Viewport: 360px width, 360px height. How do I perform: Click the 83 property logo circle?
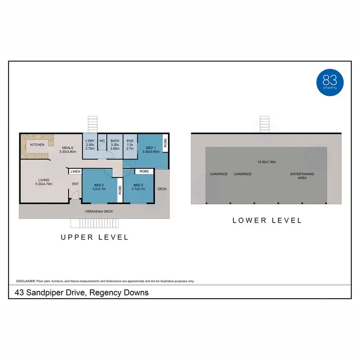(330, 81)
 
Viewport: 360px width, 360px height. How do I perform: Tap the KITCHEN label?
(37, 144)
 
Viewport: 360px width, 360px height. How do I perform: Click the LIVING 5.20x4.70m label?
(44, 182)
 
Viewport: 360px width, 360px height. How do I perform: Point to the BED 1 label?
(150, 150)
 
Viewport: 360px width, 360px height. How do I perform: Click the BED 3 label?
(138, 187)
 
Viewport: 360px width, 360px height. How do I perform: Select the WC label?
(102, 141)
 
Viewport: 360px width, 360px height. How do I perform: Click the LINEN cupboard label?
(75, 171)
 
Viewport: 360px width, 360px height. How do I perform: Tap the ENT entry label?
(75, 184)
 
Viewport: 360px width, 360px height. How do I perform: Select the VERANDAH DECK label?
(99, 211)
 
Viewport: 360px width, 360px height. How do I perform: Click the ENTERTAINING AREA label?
(302, 176)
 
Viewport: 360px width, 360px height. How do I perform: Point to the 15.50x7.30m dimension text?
(266, 162)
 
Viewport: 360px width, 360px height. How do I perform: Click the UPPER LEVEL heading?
(94, 237)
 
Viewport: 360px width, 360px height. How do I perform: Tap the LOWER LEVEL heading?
(267, 220)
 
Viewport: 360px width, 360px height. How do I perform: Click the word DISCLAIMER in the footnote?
(26, 281)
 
